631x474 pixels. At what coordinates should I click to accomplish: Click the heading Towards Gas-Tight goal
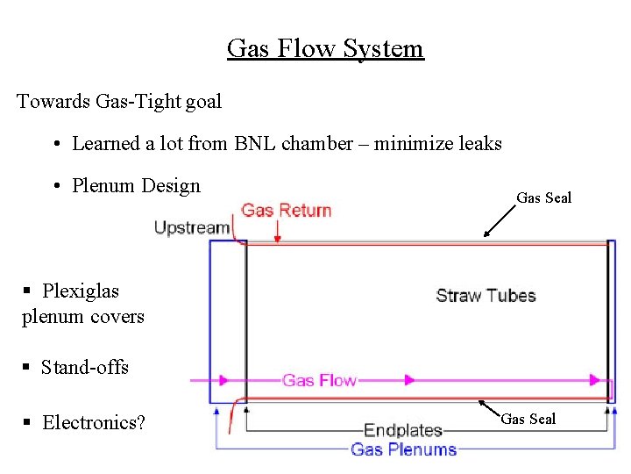119,101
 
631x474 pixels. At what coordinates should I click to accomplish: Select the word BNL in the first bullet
255,143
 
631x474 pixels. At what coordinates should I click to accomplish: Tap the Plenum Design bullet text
136,185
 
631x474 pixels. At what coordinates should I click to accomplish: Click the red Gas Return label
287,210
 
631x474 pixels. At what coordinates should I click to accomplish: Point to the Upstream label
192,228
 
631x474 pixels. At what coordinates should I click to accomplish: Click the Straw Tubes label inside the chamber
486,295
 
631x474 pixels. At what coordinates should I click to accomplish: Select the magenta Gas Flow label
319,380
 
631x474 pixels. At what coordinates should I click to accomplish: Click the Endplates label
403,430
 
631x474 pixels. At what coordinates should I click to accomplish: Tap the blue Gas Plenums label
403,449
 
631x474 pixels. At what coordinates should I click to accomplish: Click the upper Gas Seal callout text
543,197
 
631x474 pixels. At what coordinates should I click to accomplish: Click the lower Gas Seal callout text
528,419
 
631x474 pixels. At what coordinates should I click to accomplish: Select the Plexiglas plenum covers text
82,304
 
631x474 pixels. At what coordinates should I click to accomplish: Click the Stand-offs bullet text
84,367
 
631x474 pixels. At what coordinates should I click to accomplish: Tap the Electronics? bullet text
94,422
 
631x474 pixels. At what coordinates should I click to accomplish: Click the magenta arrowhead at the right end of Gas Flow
598,380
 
